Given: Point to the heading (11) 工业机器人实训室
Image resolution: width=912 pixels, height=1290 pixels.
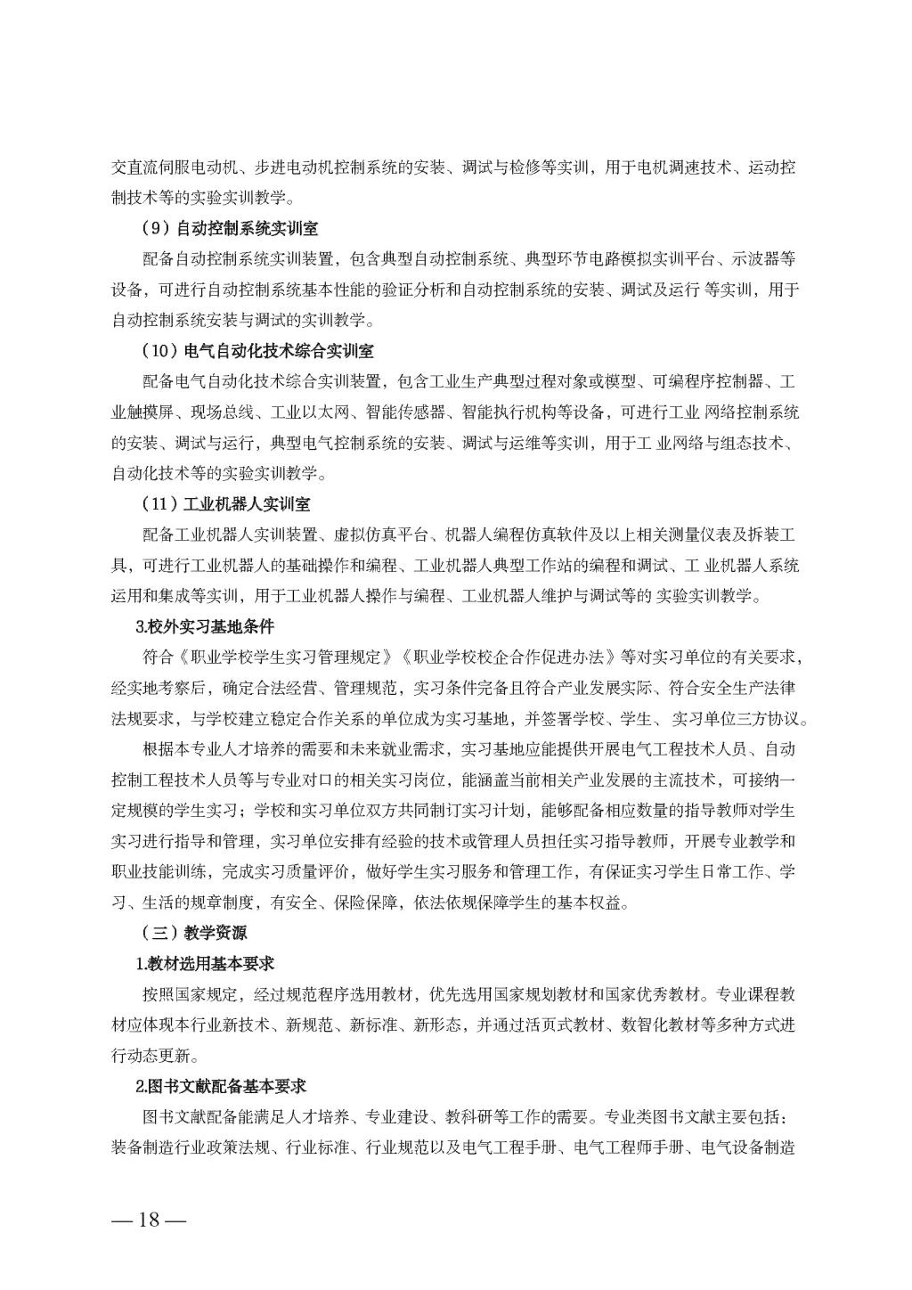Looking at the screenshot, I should (x=226, y=504).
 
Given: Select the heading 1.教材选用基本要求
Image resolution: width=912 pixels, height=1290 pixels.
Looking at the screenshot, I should (x=205, y=964).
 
